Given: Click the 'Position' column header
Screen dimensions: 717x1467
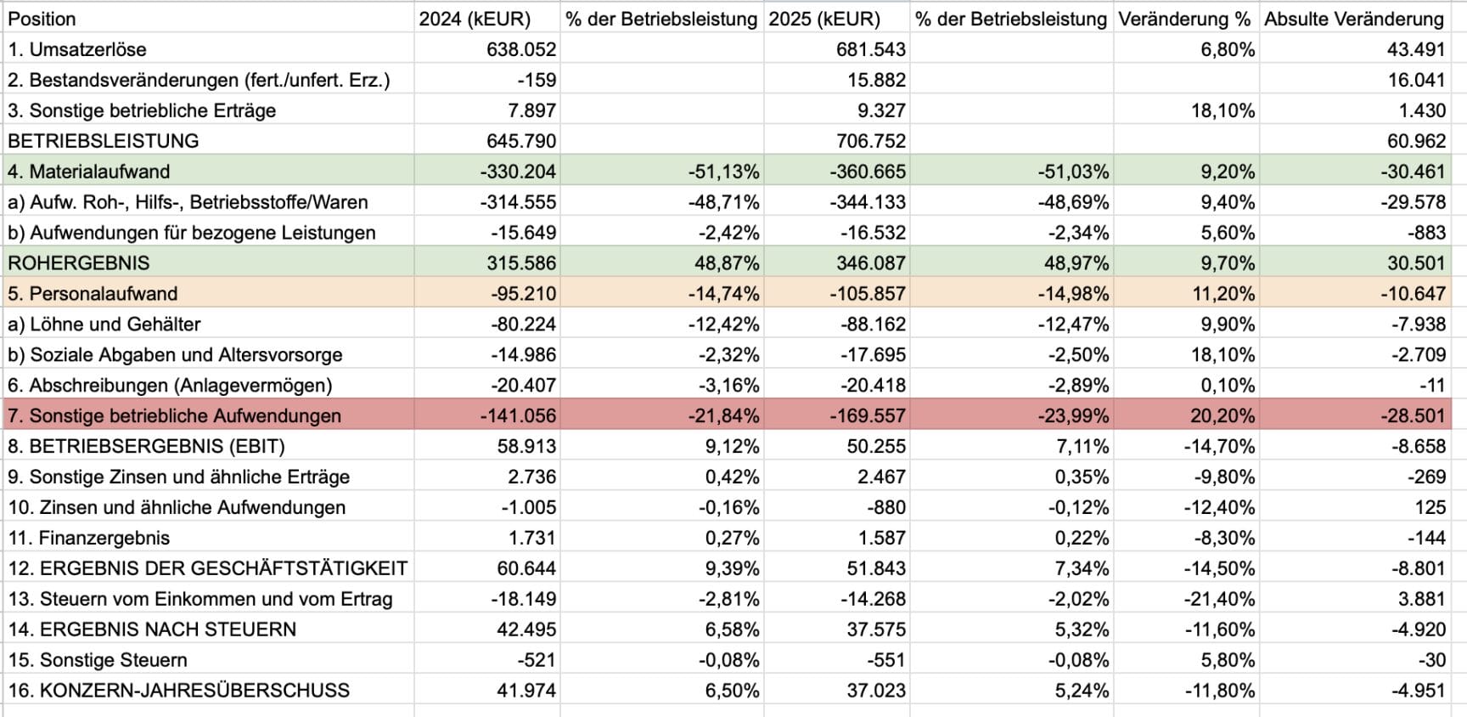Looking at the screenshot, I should pyautogui.click(x=42, y=19).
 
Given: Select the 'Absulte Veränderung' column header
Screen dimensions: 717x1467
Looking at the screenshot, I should pyautogui.click(x=1353, y=19).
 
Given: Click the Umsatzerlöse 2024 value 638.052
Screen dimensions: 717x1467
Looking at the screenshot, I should pyautogui.click(x=521, y=49).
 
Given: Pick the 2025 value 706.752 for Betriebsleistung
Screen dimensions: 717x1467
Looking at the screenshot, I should pyautogui.click(x=870, y=141).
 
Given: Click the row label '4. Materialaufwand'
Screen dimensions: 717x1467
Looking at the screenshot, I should pyautogui.click(x=89, y=172).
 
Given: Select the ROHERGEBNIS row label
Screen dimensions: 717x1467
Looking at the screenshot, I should pyautogui.click(x=79, y=263).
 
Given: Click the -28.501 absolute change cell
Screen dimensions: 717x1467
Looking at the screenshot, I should pyautogui.click(x=1412, y=416).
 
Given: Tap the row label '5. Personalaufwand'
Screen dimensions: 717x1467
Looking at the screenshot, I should pyautogui.click(x=93, y=294).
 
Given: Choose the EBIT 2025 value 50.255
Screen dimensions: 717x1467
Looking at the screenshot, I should pyautogui.click(x=875, y=447).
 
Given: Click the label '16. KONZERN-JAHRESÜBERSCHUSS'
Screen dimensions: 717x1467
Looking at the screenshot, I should pyautogui.click(x=178, y=691).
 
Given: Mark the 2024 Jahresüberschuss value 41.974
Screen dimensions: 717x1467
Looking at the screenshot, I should pyautogui.click(x=526, y=691).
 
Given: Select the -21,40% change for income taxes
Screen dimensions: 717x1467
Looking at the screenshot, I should pyautogui.click(x=1219, y=599).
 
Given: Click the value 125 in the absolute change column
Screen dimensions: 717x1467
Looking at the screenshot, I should pyautogui.click(x=1430, y=508).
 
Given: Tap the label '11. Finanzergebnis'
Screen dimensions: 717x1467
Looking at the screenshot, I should pyautogui.click(x=89, y=539).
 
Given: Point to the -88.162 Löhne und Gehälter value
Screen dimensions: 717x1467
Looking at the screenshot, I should pyautogui.click(x=873, y=325).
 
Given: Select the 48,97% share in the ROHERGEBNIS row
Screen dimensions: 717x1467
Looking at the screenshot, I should pyautogui.click(x=1076, y=263).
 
